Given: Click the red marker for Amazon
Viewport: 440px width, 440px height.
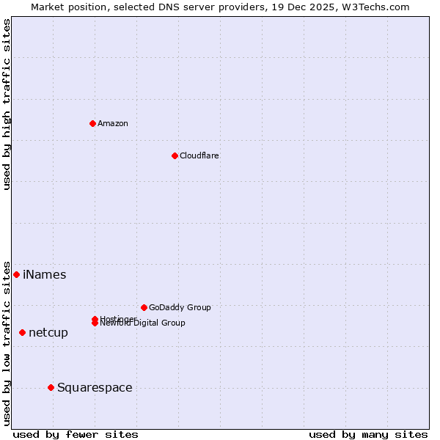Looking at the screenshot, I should pyautogui.click(x=92, y=123).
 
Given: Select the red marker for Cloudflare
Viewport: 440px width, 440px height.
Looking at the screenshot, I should pyautogui.click(x=175, y=155).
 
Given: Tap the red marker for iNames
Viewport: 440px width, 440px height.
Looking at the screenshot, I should pyautogui.click(x=16, y=274).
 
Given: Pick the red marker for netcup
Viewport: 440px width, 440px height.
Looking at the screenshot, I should pyautogui.click(x=22, y=332).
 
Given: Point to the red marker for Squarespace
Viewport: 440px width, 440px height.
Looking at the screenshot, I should pyautogui.click(x=51, y=387).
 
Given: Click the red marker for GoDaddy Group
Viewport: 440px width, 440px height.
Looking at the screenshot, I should pyautogui.click(x=144, y=307).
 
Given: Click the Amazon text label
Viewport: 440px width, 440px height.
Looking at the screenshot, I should pyautogui.click(x=112, y=123).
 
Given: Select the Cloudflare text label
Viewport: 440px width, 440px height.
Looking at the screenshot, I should pyautogui.click(x=199, y=155).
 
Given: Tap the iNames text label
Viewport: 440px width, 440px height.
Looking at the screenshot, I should pyautogui.click(x=44, y=275).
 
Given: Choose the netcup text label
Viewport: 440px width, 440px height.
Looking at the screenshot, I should pyautogui.click(x=48, y=333).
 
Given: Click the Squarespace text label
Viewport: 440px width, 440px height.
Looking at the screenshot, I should pyautogui.click(x=95, y=388).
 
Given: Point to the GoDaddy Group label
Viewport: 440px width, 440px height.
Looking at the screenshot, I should pyautogui.click(x=180, y=307).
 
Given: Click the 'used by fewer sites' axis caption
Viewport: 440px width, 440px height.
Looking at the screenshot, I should pyautogui.click(x=76, y=434).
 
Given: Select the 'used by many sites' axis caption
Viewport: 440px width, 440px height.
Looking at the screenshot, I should pyautogui.click(x=368, y=434).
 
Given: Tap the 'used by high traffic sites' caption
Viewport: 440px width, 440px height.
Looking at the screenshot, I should pyautogui.click(x=7, y=105).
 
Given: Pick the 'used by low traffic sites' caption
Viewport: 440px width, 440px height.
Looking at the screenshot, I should pyautogui.click(x=7, y=342).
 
